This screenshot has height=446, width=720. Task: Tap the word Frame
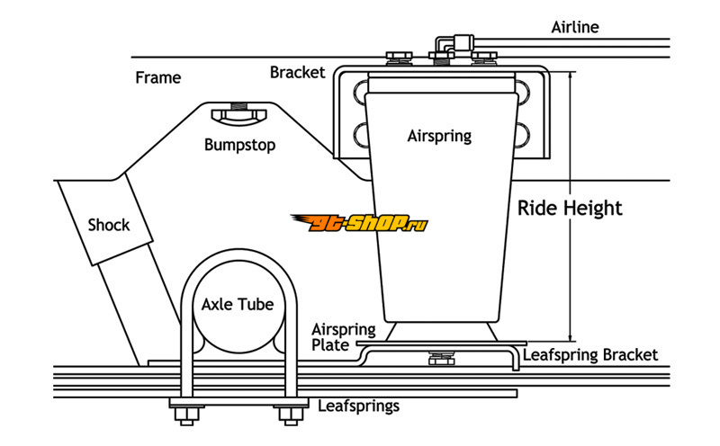[157, 77]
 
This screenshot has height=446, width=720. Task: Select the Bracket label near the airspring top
[297, 72]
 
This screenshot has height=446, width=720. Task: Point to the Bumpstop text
[238, 144]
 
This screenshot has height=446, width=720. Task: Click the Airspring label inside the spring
[439, 137]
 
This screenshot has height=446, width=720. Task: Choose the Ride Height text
[570, 208]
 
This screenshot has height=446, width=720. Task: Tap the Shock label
[109, 224]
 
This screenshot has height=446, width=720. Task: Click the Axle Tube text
[237, 304]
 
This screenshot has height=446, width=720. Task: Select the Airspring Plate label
[335, 336]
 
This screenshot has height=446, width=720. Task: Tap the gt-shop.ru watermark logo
[358, 222]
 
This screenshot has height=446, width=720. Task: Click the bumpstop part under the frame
[238, 113]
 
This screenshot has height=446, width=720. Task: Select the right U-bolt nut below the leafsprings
[288, 414]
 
